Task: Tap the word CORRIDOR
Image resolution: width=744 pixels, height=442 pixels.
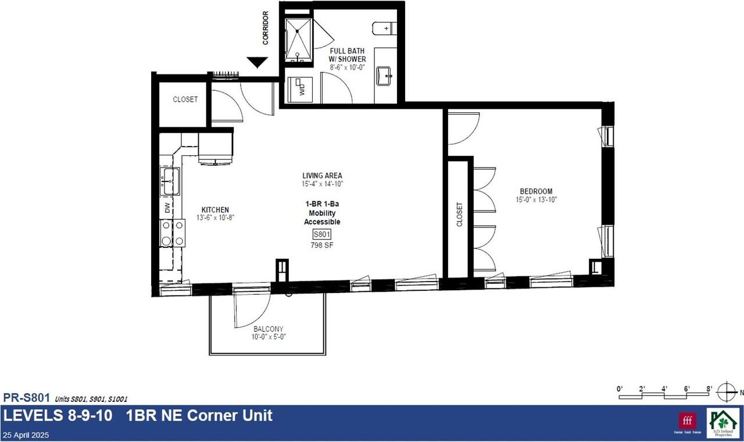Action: [266, 28]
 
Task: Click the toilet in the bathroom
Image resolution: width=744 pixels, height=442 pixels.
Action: [384, 28]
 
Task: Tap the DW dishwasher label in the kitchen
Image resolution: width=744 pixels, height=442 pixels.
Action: [167, 208]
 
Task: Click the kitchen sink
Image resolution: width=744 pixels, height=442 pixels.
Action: [170, 181]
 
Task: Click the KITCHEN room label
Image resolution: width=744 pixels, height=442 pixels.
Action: [215, 210]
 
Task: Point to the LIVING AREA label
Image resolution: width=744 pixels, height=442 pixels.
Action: [322, 176]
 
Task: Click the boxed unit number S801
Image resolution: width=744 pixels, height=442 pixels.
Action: [321, 234]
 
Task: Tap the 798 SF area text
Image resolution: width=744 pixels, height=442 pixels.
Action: [322, 245]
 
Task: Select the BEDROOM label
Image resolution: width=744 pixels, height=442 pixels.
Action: [536, 191]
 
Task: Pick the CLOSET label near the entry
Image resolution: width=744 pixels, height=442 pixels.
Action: [185, 99]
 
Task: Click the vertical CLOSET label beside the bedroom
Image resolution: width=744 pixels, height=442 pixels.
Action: [459, 215]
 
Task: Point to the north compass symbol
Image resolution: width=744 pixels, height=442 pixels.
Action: [726, 391]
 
